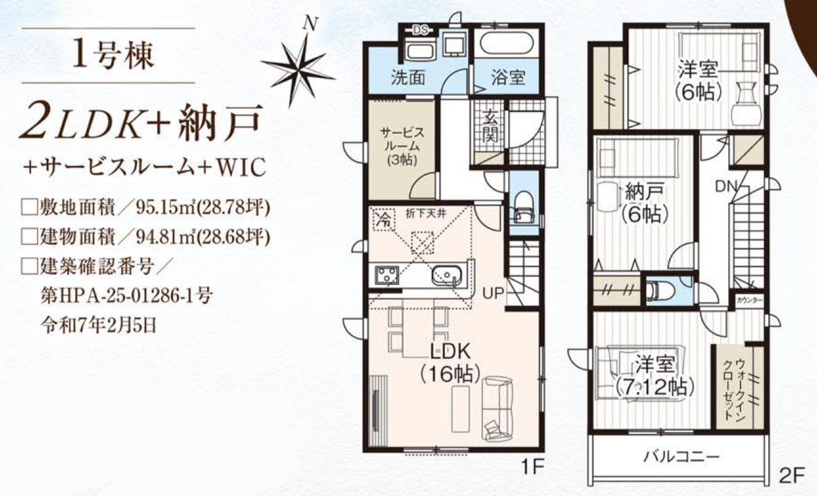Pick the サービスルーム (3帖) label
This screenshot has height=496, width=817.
(x=402, y=146)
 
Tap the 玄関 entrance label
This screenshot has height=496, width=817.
(x=490, y=126)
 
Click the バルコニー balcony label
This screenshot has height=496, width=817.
(x=681, y=457)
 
